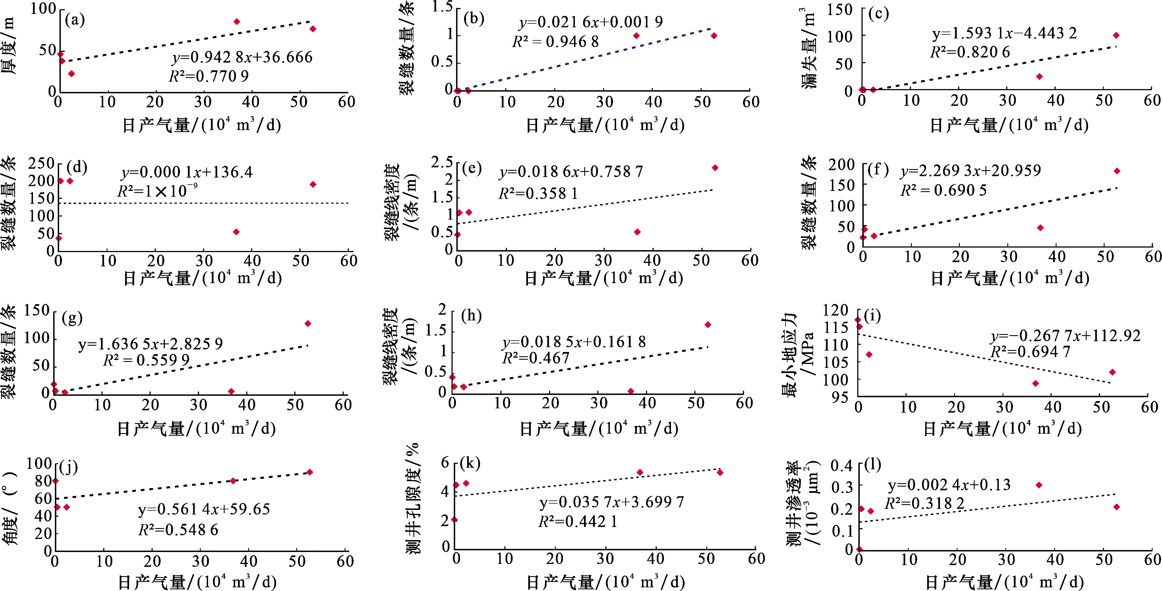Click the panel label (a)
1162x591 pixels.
coord(74,20)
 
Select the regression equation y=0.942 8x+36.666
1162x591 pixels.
coord(242,57)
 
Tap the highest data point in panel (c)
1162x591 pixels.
coord(1116,35)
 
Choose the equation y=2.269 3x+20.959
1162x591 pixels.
coord(971,171)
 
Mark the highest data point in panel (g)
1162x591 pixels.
coord(308,323)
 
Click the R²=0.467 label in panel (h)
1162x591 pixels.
coord(536,358)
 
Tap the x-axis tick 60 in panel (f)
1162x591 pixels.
coord(1153,256)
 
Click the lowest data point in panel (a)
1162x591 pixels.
coord(71,74)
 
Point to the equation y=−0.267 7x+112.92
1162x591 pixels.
coord(1065,336)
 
